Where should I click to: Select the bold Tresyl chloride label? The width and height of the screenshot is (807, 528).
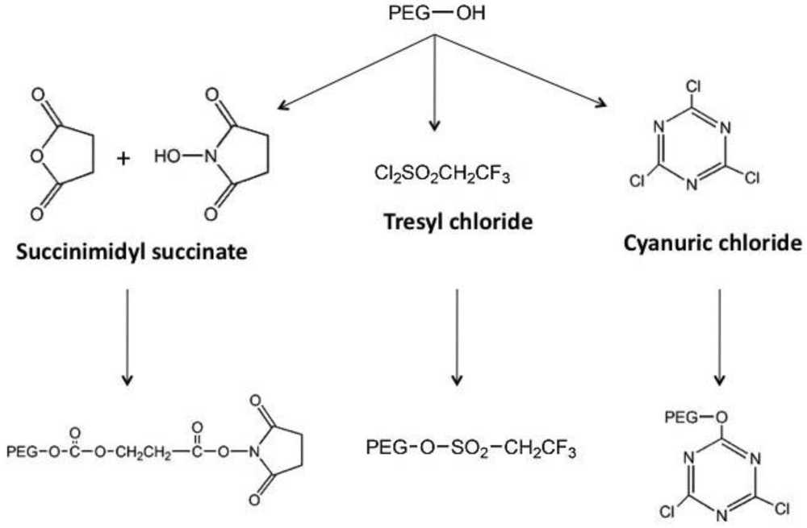pos(458,220)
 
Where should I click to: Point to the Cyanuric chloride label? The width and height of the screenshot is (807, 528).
pos(713,243)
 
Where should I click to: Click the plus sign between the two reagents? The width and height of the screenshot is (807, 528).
pos(123,159)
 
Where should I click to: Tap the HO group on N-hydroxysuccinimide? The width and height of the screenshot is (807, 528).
pos(166,159)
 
